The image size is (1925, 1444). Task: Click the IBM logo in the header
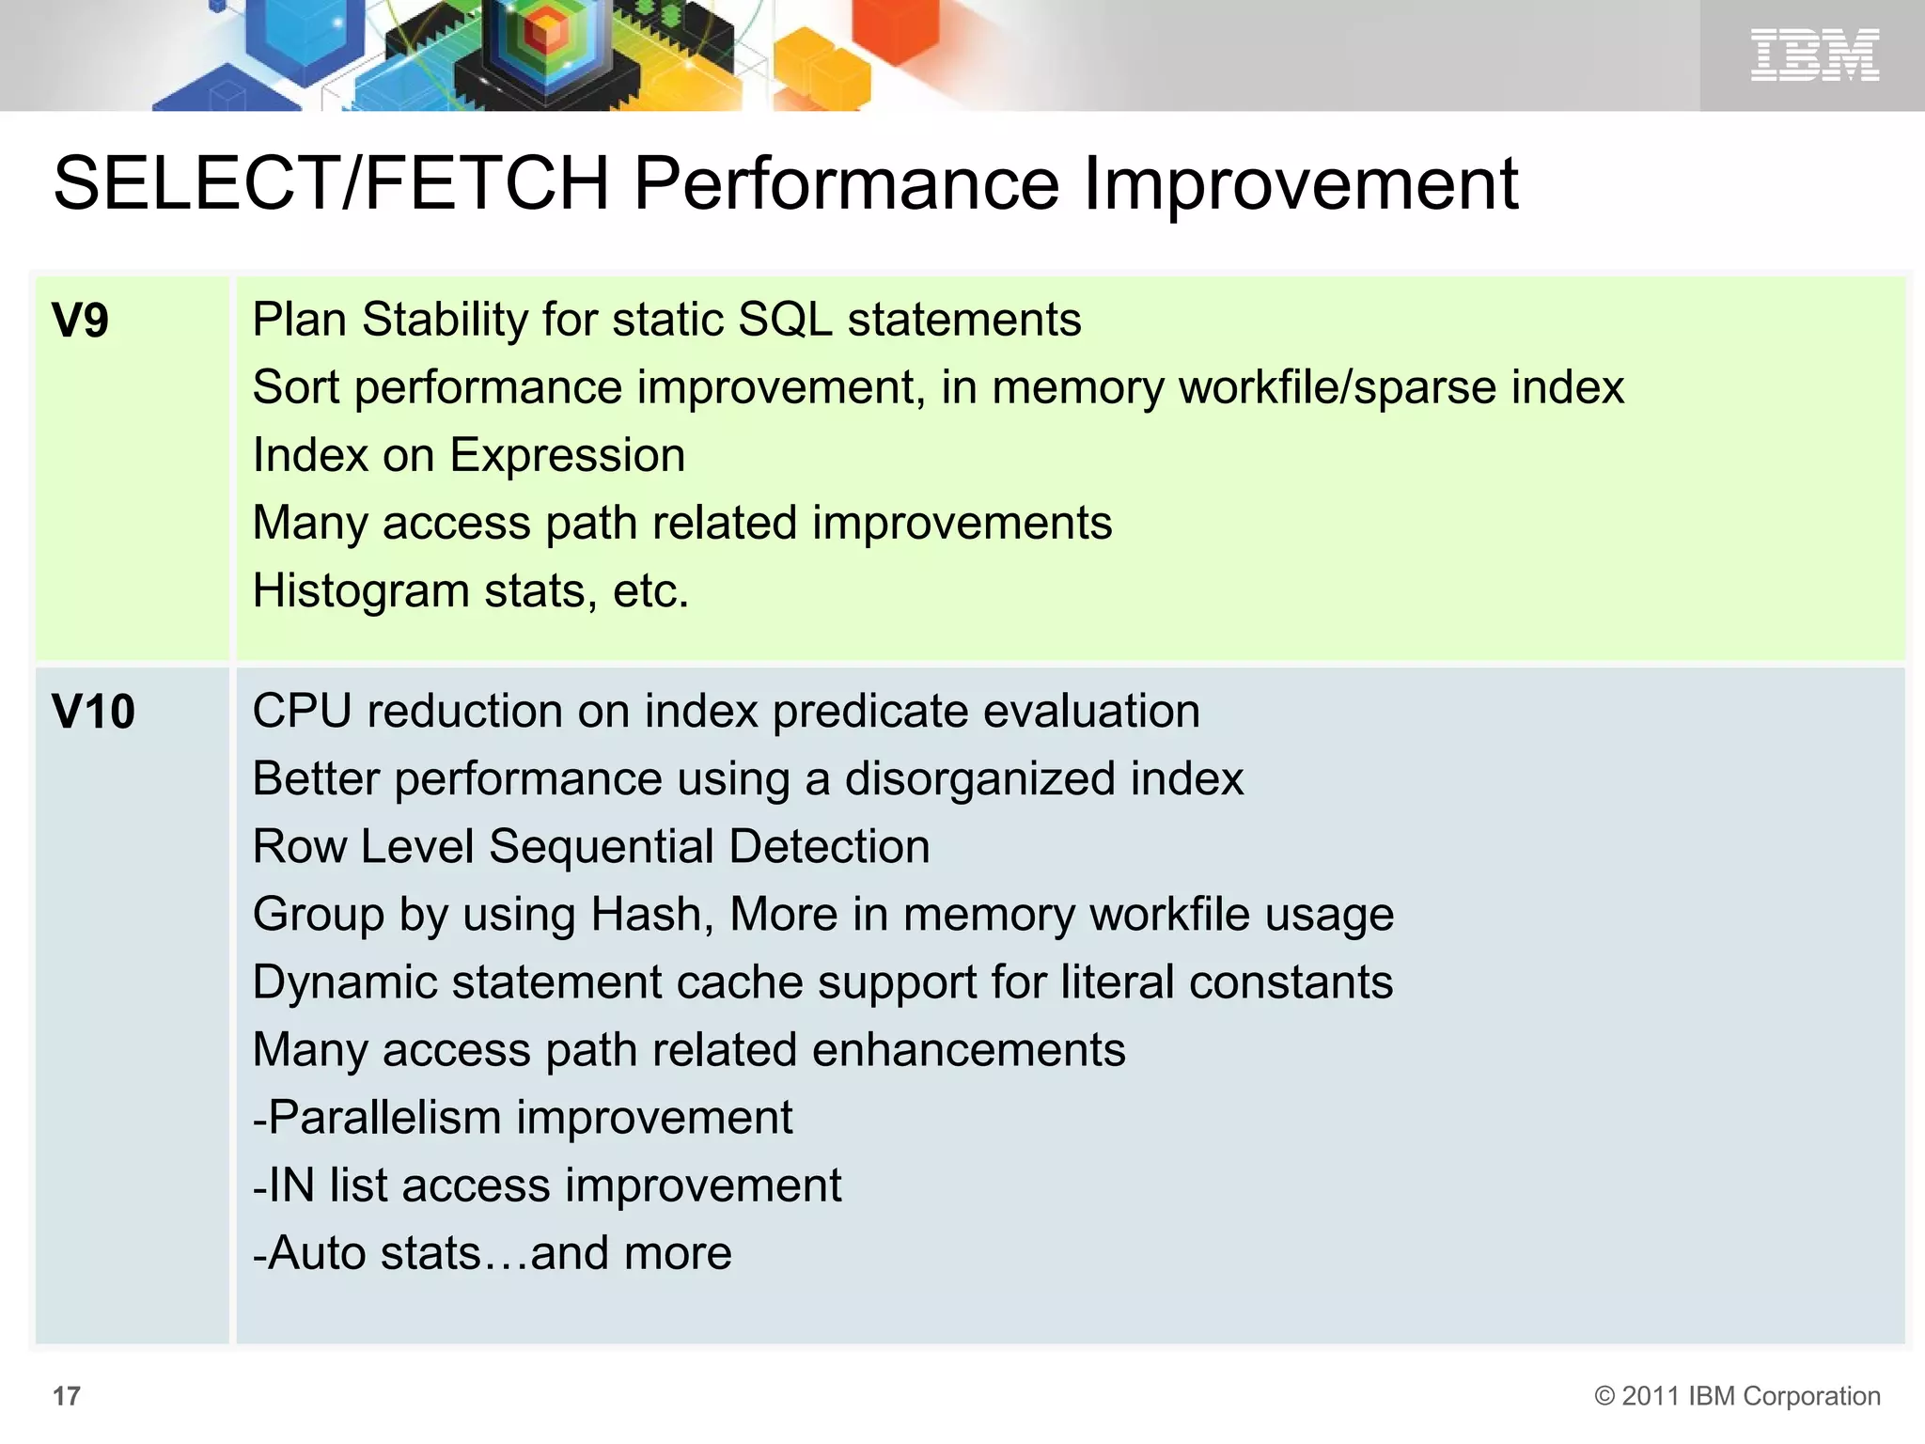[x=1814, y=55]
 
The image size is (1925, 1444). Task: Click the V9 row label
[x=81, y=321]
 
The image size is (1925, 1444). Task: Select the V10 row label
[x=94, y=712]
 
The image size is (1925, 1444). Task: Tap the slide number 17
[x=67, y=1396]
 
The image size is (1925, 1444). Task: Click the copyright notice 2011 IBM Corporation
[x=1737, y=1396]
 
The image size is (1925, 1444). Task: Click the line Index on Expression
[x=469, y=456]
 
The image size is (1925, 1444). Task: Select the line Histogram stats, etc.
[x=471, y=591]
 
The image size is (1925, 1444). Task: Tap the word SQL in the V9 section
[x=785, y=320]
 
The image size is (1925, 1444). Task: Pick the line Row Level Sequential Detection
[x=591, y=847]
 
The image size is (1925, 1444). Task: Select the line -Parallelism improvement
[x=523, y=1118]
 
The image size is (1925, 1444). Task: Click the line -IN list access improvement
[x=547, y=1185]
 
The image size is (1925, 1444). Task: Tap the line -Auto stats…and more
[x=493, y=1253]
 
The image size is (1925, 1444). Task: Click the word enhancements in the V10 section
[x=968, y=1050]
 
